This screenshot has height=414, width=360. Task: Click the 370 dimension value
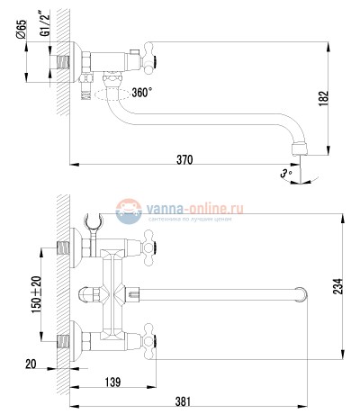(184, 159)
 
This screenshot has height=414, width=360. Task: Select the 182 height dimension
(334, 96)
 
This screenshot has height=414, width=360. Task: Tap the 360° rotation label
(142, 93)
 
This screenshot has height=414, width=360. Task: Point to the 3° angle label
(286, 172)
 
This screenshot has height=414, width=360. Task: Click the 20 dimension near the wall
(31, 364)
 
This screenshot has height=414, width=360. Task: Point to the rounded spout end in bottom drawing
(302, 294)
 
